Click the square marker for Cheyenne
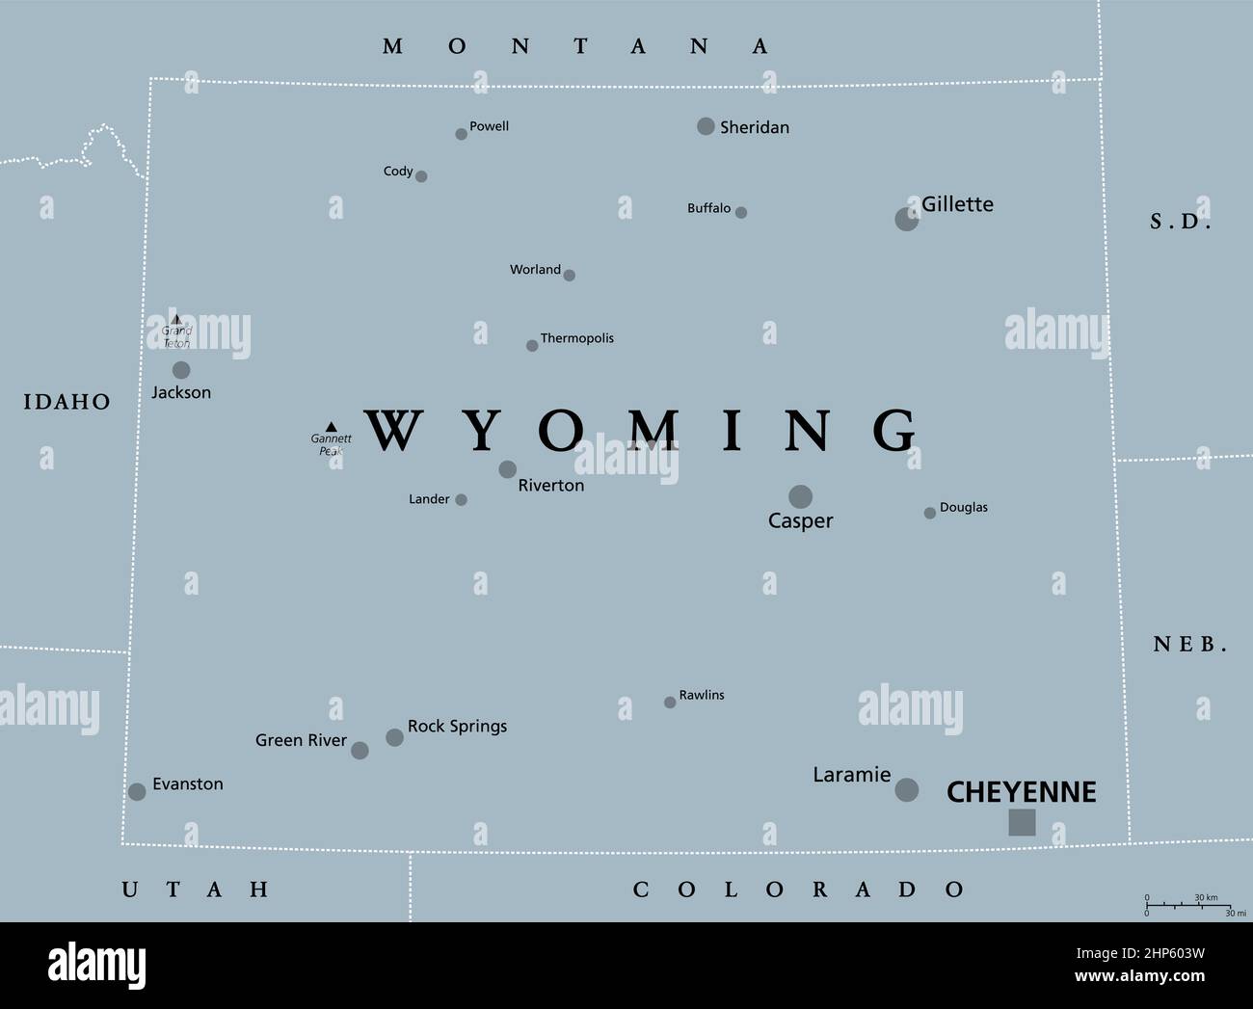(x=1022, y=822)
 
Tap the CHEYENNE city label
(x=1021, y=792)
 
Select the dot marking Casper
(x=800, y=496)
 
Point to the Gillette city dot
(x=906, y=219)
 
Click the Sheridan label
(x=754, y=127)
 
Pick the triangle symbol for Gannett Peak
(x=331, y=426)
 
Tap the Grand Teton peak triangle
(x=175, y=319)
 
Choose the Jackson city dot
(x=181, y=370)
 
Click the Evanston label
(x=187, y=784)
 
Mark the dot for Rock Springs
(x=394, y=737)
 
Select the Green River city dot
(x=360, y=750)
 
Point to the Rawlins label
(x=701, y=695)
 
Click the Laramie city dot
(x=906, y=790)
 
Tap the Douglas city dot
(x=929, y=513)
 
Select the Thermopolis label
(x=576, y=338)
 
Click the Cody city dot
(x=421, y=176)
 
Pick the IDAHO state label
(x=67, y=402)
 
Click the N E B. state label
(x=1189, y=645)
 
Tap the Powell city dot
(x=461, y=134)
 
